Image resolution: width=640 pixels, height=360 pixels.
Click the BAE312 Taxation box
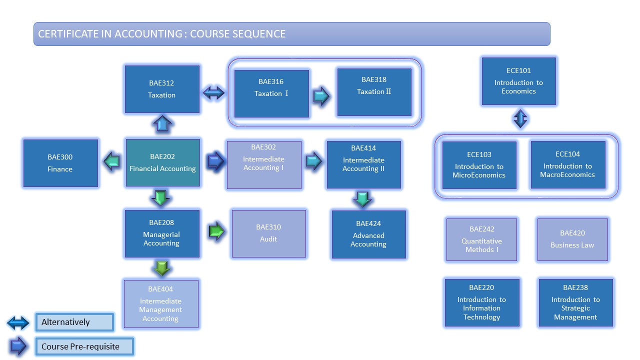pyautogui.click(x=162, y=89)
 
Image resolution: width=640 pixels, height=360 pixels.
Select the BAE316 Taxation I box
pyautogui.click(x=271, y=93)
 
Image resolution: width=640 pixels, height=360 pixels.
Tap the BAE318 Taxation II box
pyautogui.click(x=374, y=92)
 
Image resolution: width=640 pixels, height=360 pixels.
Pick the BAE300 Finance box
pyautogui.click(x=60, y=163)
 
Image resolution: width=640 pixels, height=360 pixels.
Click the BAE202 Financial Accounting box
pyautogui.click(x=162, y=163)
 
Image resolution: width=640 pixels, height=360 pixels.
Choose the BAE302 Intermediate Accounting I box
pyautogui.click(x=264, y=164)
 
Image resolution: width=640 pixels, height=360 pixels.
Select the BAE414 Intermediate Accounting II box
pyautogui.click(x=363, y=164)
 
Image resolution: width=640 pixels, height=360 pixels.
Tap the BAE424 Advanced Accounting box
pyautogui.click(x=368, y=234)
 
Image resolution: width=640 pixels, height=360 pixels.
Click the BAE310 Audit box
pyautogui.click(x=268, y=233)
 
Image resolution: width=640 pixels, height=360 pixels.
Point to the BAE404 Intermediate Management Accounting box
pyautogui.click(x=161, y=304)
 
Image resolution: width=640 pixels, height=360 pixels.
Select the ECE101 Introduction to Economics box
pyautogui.click(x=518, y=81)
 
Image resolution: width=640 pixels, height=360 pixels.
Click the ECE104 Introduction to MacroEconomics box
pyautogui.click(x=567, y=164)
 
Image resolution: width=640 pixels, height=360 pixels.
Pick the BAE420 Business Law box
pyautogui.click(x=572, y=239)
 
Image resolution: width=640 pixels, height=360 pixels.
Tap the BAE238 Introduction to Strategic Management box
pyautogui.click(x=575, y=303)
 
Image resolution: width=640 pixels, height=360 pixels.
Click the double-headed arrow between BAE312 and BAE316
pyautogui.click(x=213, y=93)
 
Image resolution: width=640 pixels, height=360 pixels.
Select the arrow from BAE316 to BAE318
pyautogui.click(x=321, y=96)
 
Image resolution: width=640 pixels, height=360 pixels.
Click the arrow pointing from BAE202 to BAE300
pyautogui.click(x=112, y=162)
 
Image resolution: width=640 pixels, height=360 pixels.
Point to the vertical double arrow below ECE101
pyautogui.click(x=520, y=119)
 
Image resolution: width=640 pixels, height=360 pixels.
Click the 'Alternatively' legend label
pyautogui.click(x=74, y=322)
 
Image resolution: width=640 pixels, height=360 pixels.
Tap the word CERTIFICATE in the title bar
pyautogui.click(x=75, y=34)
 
